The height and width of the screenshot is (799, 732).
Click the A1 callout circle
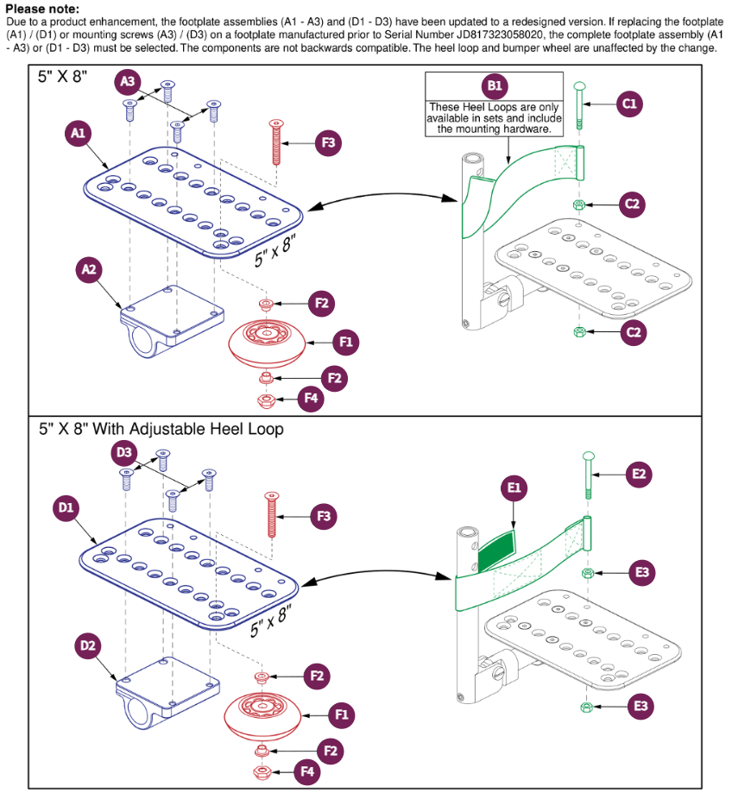tap(79, 133)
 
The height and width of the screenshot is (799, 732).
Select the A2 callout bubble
tap(90, 270)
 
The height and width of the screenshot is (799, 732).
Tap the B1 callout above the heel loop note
tap(495, 85)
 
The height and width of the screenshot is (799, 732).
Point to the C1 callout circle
tap(629, 104)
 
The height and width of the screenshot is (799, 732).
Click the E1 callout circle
tap(514, 488)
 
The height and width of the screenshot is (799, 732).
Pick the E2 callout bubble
tap(639, 474)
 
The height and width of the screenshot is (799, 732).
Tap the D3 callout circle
tap(126, 451)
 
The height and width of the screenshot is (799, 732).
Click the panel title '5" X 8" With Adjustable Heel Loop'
tap(161, 428)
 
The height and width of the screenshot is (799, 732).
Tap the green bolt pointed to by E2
tap(589, 475)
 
